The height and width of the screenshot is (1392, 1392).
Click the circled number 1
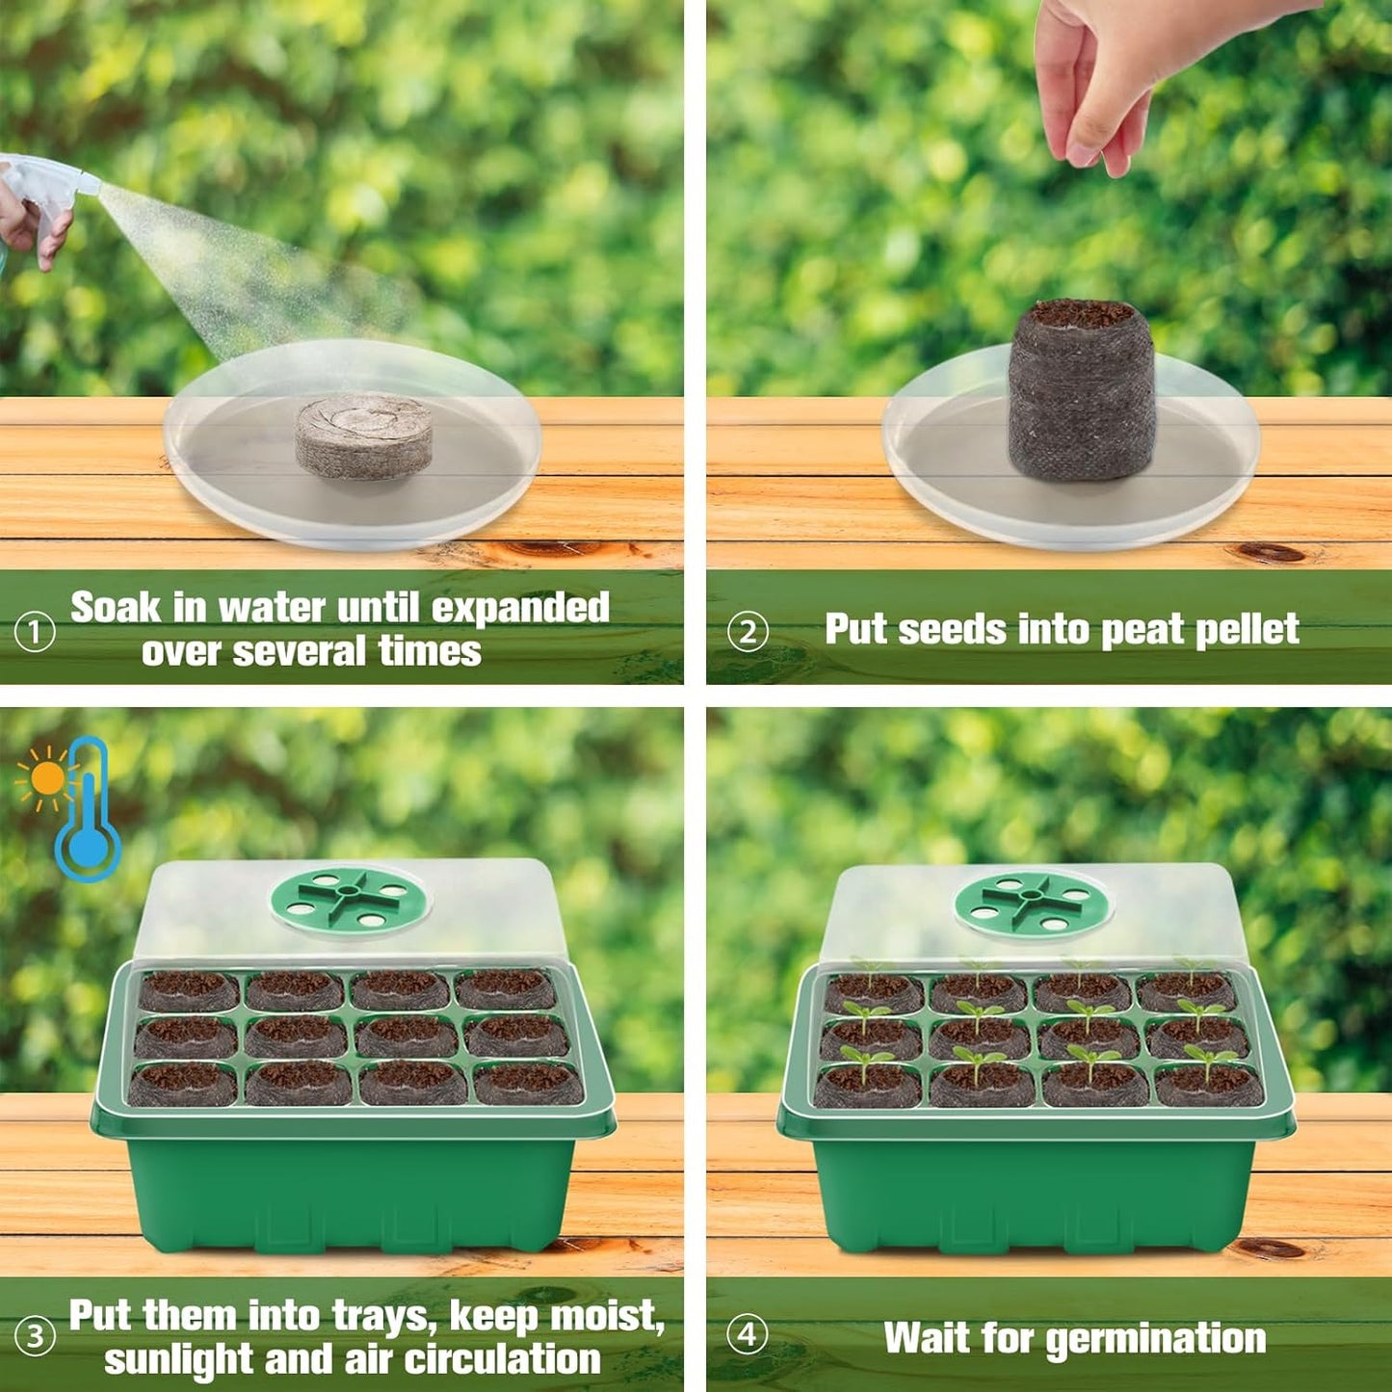(x=35, y=633)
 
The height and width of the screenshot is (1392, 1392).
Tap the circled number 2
(x=748, y=633)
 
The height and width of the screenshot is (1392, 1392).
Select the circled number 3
(x=35, y=1337)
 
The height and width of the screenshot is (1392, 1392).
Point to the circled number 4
(x=748, y=1336)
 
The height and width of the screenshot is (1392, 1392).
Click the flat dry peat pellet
(x=363, y=435)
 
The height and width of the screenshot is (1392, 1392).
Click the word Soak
(x=116, y=608)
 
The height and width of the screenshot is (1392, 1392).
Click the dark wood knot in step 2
(x=1271, y=553)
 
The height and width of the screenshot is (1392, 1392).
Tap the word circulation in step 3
(x=502, y=1359)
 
